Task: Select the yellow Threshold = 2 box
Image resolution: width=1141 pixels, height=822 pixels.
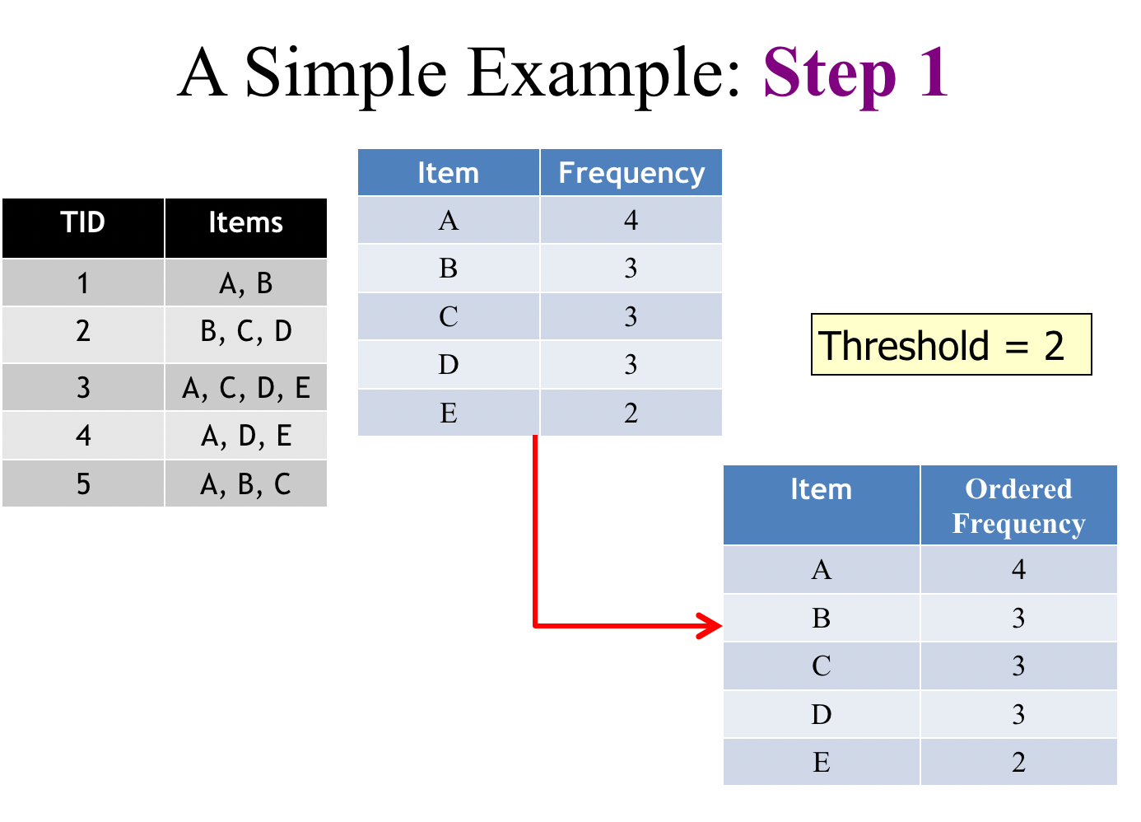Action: pos(951,344)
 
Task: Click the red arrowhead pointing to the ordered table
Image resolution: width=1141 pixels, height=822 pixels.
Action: pos(710,625)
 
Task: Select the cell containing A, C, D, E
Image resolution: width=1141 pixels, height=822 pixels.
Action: pos(246,387)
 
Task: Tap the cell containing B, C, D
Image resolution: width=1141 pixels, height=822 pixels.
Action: pos(246,332)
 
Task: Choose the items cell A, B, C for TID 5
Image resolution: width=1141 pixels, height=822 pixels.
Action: pos(246,484)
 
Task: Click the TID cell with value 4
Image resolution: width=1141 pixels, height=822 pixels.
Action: pos(83,435)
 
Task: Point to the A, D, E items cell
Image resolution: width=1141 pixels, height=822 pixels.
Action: pos(246,435)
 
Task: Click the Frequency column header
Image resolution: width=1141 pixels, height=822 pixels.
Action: pos(631,173)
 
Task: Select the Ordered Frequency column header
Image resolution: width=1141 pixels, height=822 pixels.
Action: pos(1018,506)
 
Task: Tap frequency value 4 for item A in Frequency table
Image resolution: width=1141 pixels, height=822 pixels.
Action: pos(631,220)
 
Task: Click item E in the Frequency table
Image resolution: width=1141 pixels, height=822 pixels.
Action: pos(449,413)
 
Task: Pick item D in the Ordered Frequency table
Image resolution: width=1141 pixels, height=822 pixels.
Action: pos(821,714)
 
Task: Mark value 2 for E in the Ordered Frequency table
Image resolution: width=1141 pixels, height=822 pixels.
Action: pos(1018,762)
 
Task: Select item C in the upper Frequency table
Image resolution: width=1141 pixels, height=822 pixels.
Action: pos(449,316)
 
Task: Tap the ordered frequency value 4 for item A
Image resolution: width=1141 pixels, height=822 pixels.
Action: pos(1018,569)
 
